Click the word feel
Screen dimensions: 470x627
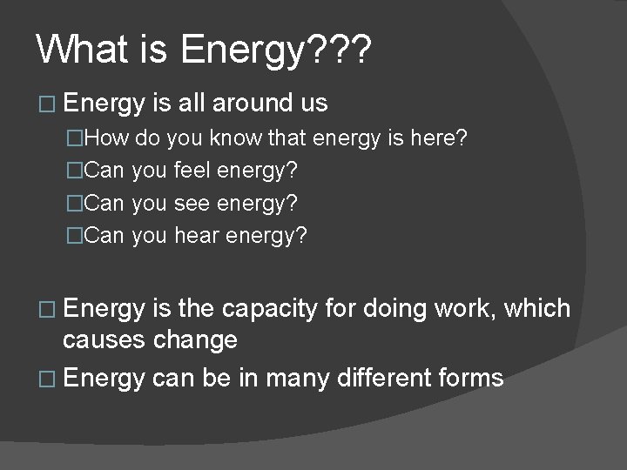(197, 170)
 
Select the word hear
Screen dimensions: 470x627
(198, 235)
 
